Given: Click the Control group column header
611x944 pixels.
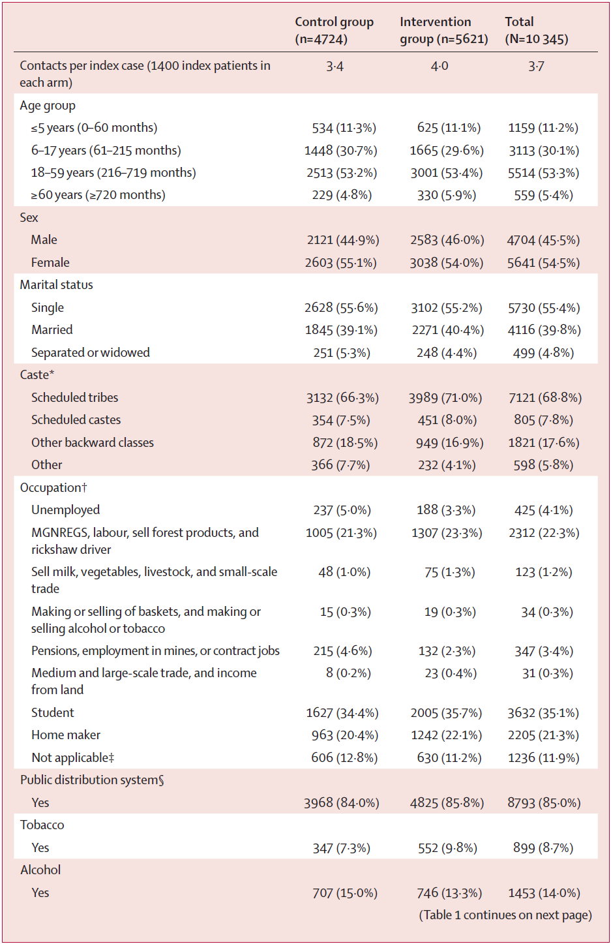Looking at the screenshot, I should click(334, 31).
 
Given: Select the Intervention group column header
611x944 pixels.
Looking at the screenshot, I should click(443, 31).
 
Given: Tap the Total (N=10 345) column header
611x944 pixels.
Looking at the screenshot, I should click(536, 31).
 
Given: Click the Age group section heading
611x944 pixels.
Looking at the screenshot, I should click(48, 106).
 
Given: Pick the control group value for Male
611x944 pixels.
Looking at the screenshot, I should click(343, 240).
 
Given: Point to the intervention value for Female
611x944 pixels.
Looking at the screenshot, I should click(447, 263).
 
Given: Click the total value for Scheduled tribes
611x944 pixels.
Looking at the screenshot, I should click(544, 398).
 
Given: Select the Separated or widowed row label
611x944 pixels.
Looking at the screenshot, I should click(90, 353).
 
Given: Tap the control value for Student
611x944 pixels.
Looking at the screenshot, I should click(342, 713).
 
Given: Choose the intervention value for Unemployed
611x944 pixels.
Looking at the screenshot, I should click(446, 510).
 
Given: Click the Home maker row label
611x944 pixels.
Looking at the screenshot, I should click(66, 735).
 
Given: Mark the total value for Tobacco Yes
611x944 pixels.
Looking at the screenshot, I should click(543, 848).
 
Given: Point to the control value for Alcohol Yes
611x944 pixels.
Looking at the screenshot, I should click(345, 893).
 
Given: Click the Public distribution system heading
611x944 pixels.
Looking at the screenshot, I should click(92, 780).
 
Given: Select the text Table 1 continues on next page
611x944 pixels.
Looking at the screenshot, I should click(505, 915).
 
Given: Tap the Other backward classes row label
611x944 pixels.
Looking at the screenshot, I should click(93, 443).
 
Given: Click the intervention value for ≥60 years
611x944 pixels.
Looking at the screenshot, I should click(447, 195).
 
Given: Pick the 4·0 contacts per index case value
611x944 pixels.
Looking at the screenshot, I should click(440, 67).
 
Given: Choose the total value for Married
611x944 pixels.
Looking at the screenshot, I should click(544, 330).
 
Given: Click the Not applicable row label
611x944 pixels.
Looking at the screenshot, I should click(72, 758).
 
